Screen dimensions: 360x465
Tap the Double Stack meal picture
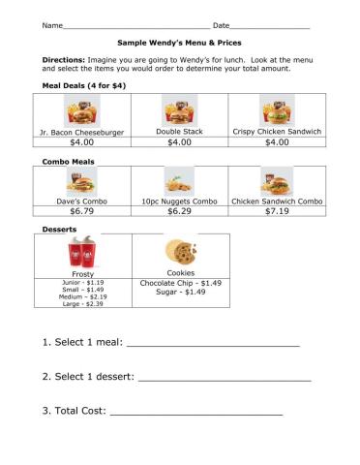tap(179, 110)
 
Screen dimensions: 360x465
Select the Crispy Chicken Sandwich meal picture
tap(276, 110)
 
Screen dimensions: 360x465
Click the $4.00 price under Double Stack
tap(180, 142)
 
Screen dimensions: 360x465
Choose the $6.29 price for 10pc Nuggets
tap(180, 210)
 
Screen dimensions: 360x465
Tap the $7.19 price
tap(277, 210)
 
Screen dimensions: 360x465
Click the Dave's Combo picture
tap(80, 181)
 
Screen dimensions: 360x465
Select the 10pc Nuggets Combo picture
tap(179, 181)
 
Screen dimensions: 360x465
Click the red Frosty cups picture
tap(82, 255)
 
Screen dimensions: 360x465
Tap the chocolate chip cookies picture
tap(180, 253)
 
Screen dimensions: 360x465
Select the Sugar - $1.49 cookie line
tap(181, 292)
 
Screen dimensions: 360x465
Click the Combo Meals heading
tap(69, 160)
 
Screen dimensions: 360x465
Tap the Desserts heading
tap(59, 229)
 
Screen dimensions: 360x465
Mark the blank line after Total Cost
tap(195, 415)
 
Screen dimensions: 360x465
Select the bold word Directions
tap(64, 60)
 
